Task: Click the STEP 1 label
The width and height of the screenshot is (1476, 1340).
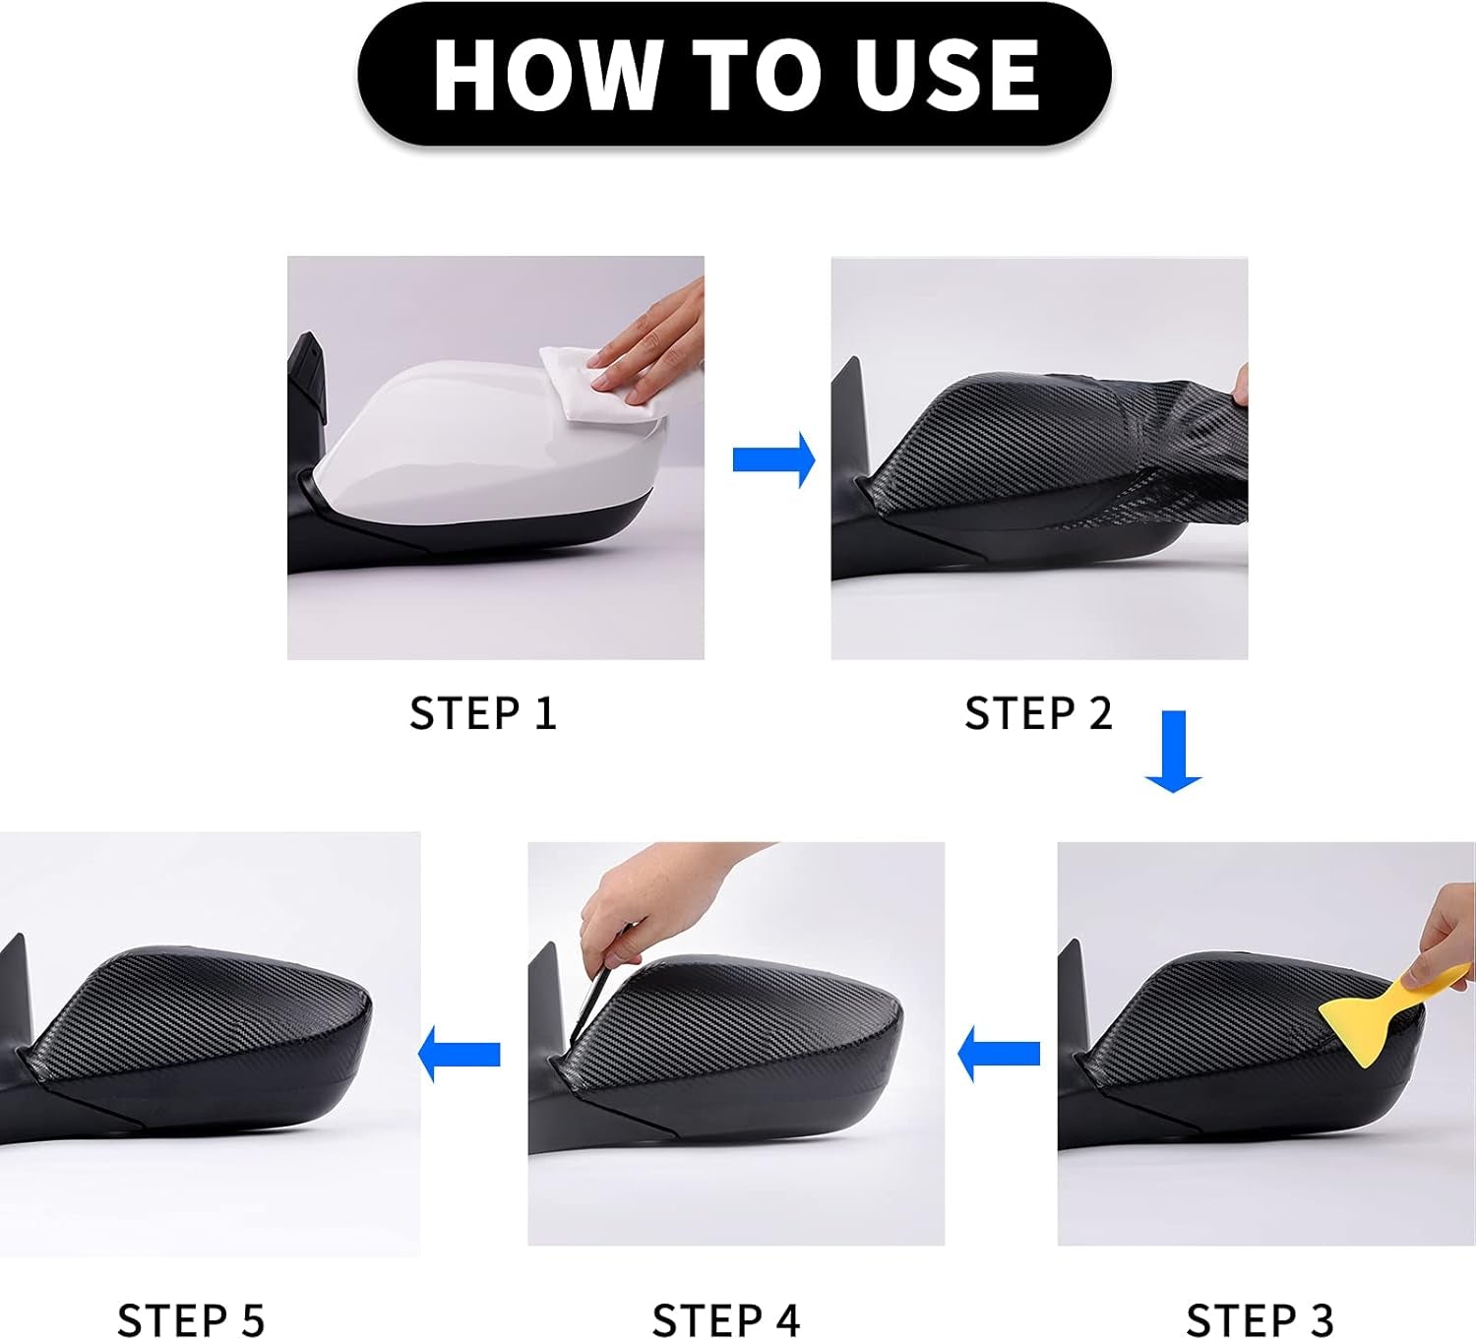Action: click(483, 713)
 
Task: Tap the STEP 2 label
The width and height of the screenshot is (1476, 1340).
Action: click(1038, 713)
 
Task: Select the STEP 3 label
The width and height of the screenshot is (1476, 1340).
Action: click(1260, 1320)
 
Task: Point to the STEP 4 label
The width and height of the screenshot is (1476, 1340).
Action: click(725, 1320)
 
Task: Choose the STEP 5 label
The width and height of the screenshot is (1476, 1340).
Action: click(191, 1320)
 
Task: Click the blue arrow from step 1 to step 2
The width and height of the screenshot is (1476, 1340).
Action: click(774, 459)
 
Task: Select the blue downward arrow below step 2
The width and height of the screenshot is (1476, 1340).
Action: click(1174, 752)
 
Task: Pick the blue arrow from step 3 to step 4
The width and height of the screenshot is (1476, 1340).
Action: click(999, 1055)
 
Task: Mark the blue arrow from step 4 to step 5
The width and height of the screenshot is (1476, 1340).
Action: click(460, 1055)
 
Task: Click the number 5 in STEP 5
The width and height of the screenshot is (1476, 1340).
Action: click(252, 1320)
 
